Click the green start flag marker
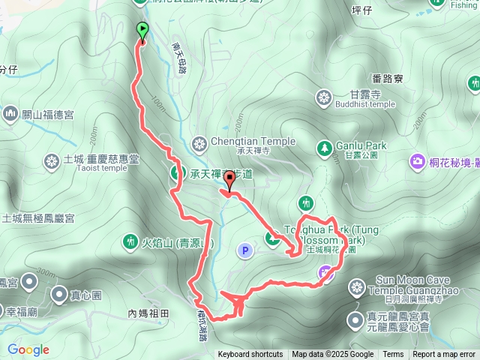click(142, 31)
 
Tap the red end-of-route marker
click(229, 179)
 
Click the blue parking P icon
click(244, 250)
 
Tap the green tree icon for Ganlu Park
click(324, 146)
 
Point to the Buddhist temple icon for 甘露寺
click(324, 97)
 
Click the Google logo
click(28, 349)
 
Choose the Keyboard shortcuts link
click(250, 355)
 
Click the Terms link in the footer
click(393, 355)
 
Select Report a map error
click(445, 355)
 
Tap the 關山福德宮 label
click(47, 114)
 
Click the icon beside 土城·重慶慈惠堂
click(52, 160)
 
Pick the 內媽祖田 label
click(149, 313)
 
